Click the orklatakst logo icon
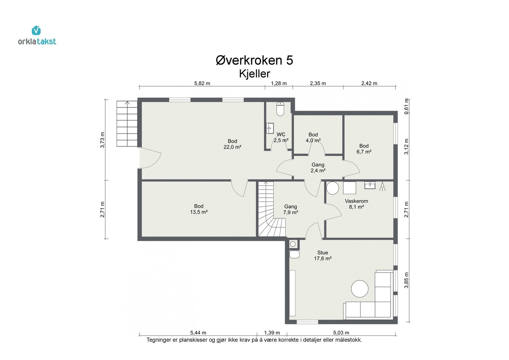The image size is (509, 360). [36, 30]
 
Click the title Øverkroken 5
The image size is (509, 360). [254, 60]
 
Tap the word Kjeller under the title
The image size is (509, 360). [254, 73]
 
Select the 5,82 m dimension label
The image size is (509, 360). [202, 83]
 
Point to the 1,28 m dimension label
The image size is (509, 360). [279, 83]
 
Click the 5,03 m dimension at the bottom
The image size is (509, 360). [341, 333]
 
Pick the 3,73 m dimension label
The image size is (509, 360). [102, 140]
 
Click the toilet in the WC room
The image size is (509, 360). [280, 109]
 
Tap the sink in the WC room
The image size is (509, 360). [270, 128]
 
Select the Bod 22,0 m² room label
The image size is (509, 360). [232, 144]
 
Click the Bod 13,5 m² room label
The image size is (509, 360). [199, 209]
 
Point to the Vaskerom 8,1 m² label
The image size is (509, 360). [356, 204]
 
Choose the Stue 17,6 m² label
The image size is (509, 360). [323, 255]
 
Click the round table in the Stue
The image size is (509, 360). [360, 289]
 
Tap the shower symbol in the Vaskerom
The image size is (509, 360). [382, 186]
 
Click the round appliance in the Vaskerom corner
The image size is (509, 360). [333, 188]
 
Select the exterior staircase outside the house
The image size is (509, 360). [127, 124]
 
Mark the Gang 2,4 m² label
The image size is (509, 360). [318, 168]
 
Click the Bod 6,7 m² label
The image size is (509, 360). [364, 149]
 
